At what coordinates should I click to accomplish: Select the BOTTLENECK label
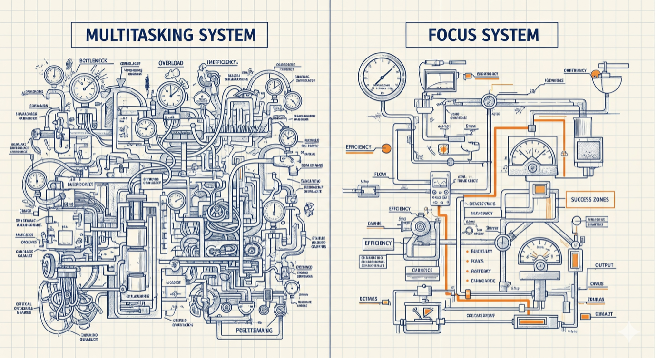[x=94, y=61]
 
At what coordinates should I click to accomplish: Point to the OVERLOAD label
[x=171, y=63]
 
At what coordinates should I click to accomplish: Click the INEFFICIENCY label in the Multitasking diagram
[x=222, y=62]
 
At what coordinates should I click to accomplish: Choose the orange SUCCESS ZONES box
[x=590, y=200]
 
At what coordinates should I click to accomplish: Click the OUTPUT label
[x=604, y=265]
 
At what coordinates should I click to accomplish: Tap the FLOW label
[x=380, y=175]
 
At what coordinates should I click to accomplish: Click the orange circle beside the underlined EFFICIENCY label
[x=386, y=148]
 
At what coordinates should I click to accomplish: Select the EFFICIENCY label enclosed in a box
[x=378, y=243]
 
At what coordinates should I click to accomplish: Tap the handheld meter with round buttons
[x=440, y=188]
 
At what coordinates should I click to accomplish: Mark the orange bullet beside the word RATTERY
[x=467, y=271]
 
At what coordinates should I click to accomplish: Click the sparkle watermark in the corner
[x=628, y=332]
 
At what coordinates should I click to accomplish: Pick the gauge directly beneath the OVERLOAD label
[x=170, y=94]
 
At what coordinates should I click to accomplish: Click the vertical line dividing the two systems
[x=330, y=190]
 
